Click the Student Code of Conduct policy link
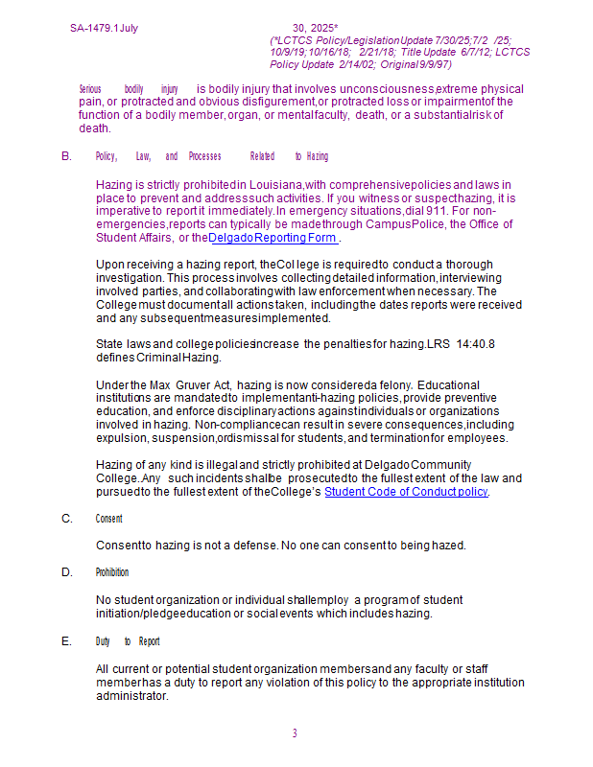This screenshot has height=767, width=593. [406, 492]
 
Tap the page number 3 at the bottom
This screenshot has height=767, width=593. [295, 733]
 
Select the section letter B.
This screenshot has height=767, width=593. [66, 155]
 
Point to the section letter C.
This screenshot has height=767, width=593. [66, 519]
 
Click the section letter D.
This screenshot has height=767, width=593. [66, 572]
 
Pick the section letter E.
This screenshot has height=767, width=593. [66, 641]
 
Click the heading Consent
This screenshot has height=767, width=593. [108, 519]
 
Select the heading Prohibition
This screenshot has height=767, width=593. [111, 572]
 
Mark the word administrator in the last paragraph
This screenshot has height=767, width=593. [131, 696]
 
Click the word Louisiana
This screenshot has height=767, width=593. [275, 184]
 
